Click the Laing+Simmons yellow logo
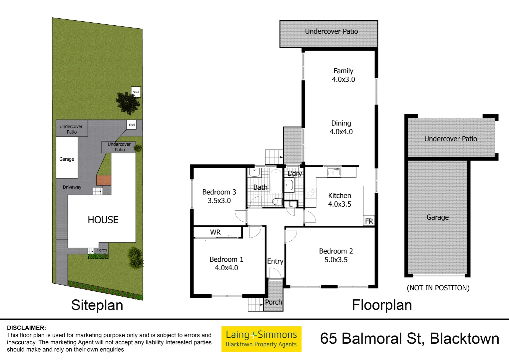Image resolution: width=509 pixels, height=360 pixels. point(261,339)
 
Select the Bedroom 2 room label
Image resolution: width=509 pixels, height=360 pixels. point(336,255)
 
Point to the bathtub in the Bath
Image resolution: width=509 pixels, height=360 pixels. point(276,180)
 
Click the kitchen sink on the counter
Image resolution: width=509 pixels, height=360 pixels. point(334,172)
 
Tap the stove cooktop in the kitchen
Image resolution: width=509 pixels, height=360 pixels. point(310,194)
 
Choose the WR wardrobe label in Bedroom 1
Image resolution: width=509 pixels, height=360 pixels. point(215,232)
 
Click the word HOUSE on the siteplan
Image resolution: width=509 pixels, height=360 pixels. point(103,220)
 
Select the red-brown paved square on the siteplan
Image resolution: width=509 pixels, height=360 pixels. point(104,180)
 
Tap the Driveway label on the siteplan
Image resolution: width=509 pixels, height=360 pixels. point(72,187)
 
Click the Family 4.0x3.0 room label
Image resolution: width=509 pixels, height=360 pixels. point(343,75)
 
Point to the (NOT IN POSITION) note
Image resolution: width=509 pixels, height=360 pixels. point(438,288)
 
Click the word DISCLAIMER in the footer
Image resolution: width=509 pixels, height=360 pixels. point(26,328)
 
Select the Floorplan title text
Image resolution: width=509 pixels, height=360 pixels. point(382,305)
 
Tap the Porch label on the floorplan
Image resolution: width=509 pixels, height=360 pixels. point(273,302)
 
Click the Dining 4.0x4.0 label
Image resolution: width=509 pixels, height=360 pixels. point(341,127)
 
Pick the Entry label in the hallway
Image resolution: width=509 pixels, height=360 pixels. point(275,261)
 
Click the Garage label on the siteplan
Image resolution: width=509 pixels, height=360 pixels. point(67,159)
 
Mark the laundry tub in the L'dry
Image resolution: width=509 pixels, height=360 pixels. point(288,185)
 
